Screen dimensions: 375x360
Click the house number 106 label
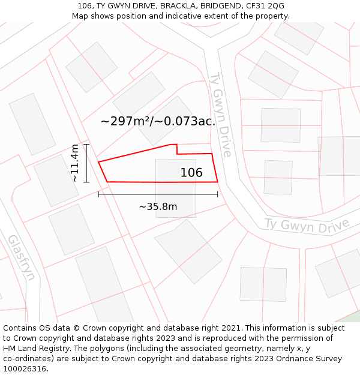[x=191, y=173]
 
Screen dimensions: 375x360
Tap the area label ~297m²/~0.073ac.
[x=158, y=121]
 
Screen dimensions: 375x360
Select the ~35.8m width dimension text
[x=158, y=207]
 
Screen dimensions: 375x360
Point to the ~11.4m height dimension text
[x=74, y=163]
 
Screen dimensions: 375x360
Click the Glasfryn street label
[x=22, y=257]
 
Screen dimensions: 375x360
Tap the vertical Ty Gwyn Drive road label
[x=220, y=115]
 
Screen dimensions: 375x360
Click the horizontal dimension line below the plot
[x=158, y=194]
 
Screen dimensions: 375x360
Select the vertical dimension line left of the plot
[x=86, y=163]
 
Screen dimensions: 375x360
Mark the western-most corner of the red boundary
[x=98, y=161]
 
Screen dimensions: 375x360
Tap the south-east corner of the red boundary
[x=217, y=181]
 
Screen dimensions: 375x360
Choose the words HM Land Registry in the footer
[x=31, y=349]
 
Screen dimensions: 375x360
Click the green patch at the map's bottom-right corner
[x=352, y=317]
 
